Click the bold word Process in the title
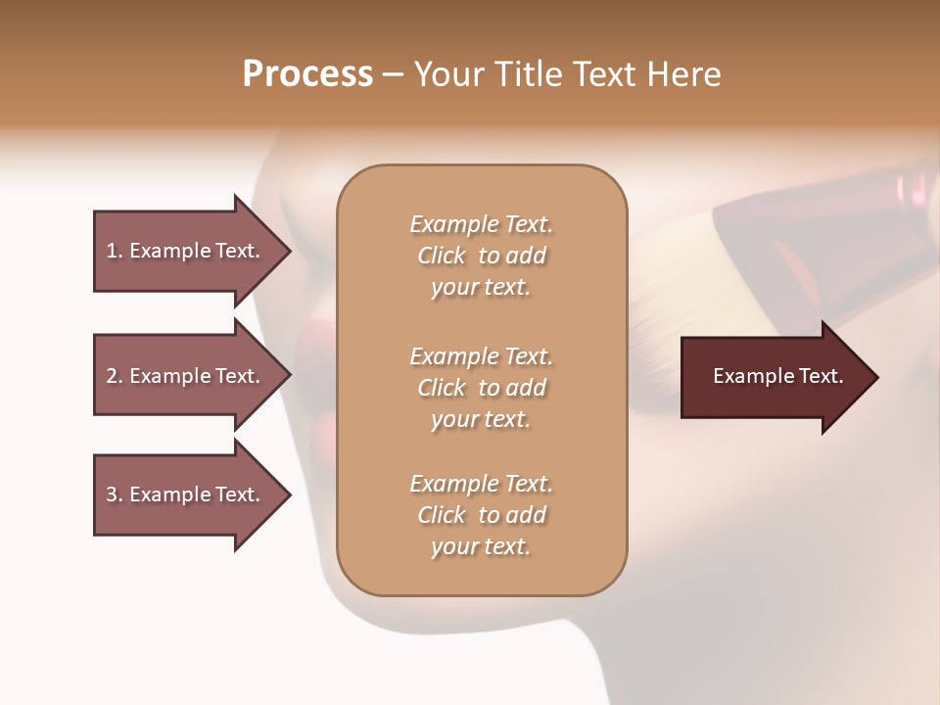tap(307, 74)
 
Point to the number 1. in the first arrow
tap(115, 251)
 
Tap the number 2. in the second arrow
tap(115, 376)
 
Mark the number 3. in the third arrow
tap(115, 494)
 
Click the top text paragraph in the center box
tap(481, 256)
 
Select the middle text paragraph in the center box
tap(481, 387)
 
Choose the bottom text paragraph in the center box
tap(481, 515)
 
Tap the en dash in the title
tap(394, 75)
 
